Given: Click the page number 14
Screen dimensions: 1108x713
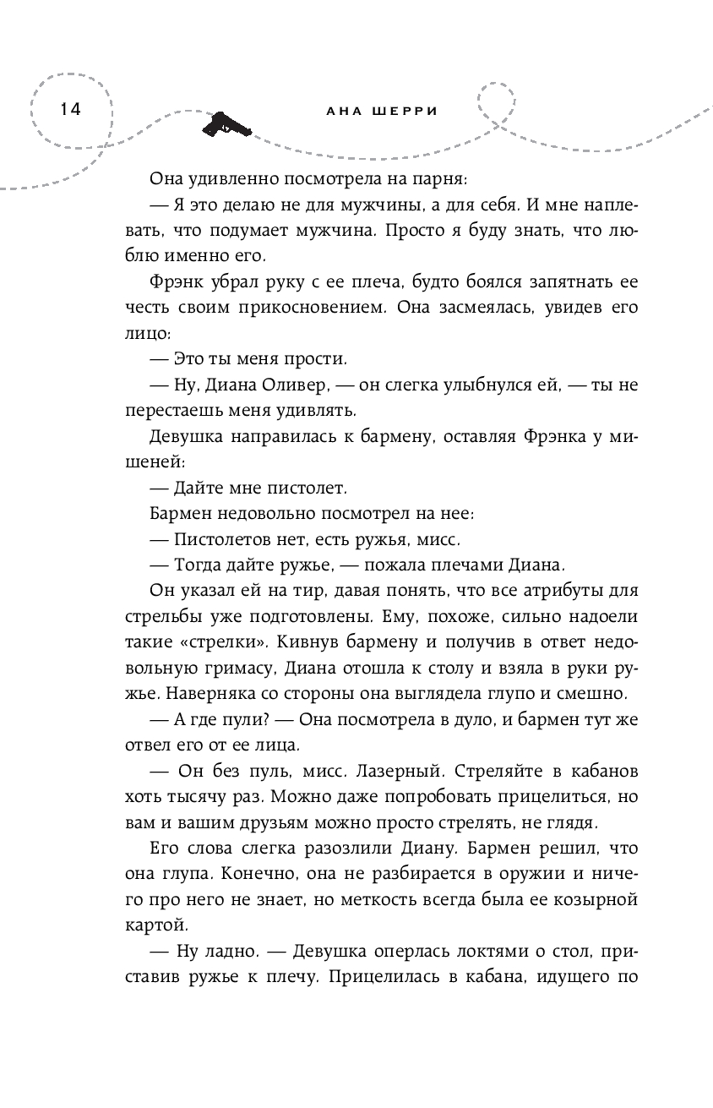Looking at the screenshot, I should click(x=67, y=110).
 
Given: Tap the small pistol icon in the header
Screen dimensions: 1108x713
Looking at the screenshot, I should click(x=226, y=124).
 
